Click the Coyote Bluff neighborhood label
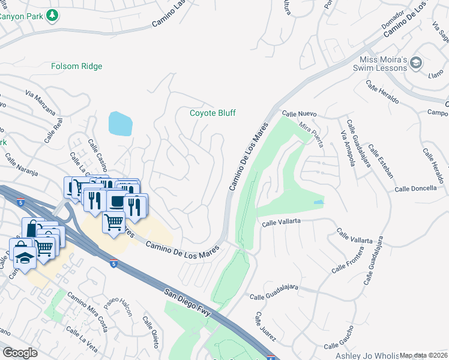(x=212, y=113)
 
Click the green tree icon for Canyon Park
(x=53, y=14)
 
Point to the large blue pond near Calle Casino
(x=120, y=124)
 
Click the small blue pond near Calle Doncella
(x=318, y=202)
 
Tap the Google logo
(x=20, y=353)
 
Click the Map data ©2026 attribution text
(x=424, y=355)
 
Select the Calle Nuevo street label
(x=299, y=113)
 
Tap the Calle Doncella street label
(x=415, y=188)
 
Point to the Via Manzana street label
(x=40, y=103)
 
